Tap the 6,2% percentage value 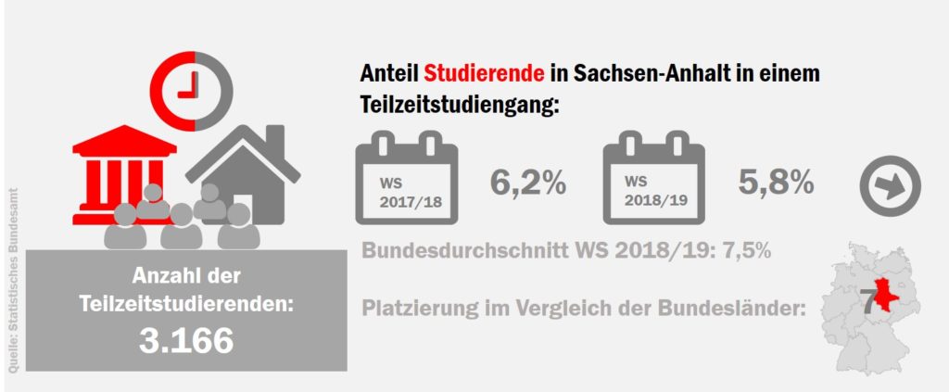527,183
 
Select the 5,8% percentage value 777,183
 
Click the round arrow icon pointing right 891,185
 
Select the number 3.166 185,340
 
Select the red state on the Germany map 885,294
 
